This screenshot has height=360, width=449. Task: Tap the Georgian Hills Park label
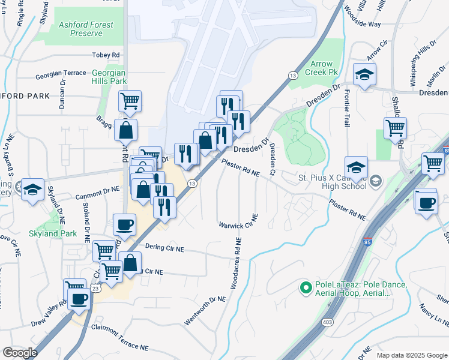coord(109,77)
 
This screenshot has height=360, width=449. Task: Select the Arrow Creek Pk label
coord(322,68)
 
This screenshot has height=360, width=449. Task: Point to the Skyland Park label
coord(52,233)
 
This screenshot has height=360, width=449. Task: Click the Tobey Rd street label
coord(106,55)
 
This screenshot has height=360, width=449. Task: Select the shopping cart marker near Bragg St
coord(130,101)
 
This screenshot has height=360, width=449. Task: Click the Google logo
coord(20,353)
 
